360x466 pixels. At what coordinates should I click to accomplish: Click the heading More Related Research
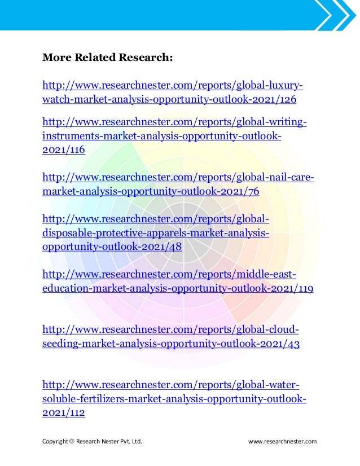[x=107, y=58]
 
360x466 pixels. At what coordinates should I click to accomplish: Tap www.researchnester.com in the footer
[x=282, y=441]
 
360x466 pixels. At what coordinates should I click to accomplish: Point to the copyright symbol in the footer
[x=72, y=441]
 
